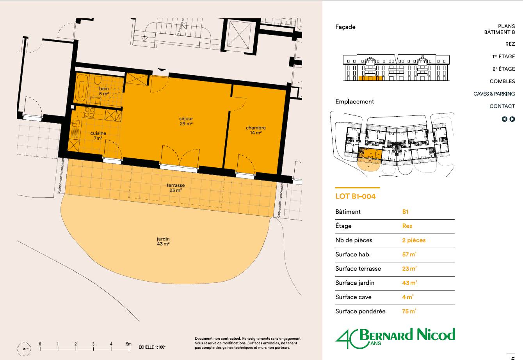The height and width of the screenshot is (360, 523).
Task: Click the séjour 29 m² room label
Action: pos(186,121)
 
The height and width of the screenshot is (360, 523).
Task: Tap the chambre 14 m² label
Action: pos(256,130)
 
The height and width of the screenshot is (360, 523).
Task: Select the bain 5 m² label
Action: pos(104,91)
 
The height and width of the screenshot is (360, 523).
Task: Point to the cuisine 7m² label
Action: pos(98,136)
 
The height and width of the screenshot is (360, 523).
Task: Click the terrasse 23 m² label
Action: pos(176,188)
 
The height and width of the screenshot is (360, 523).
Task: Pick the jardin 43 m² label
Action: pos(163,241)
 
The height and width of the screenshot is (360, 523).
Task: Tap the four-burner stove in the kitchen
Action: pos(89,112)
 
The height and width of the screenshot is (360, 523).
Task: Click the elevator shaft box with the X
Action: pos(239,35)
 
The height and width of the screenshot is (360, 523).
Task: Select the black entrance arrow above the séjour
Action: pos(162,70)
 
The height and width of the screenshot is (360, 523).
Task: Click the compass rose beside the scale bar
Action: pos(24,349)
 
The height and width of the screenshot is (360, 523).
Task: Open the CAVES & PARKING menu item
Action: pos(494,94)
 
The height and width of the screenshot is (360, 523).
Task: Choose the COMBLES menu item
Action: pos(502,81)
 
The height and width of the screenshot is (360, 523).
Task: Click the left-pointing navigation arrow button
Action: pos(504,119)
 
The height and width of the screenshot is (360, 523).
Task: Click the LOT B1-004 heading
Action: pos(355,196)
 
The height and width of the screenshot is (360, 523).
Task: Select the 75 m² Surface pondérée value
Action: pos(409,311)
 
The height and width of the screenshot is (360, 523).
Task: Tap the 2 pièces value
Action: pos(414,240)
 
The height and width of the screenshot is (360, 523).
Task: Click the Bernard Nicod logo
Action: pos(395,338)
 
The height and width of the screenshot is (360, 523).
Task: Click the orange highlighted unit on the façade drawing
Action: pos(370,78)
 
